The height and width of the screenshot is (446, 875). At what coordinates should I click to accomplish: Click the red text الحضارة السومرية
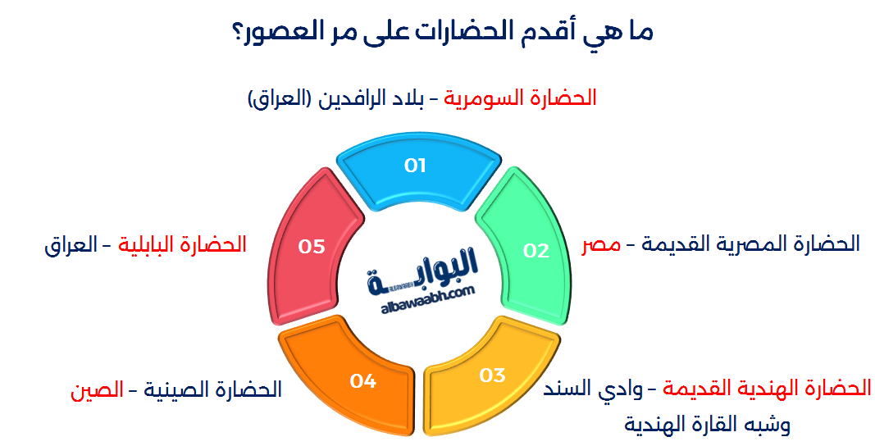pyautogui.click(x=520, y=98)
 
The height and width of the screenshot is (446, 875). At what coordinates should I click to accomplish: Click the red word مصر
pyautogui.click(x=599, y=244)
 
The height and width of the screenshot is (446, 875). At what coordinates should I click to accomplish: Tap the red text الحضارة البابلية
pyautogui.click(x=183, y=244)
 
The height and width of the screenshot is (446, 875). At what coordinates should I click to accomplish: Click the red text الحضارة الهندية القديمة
pyautogui.click(x=766, y=388)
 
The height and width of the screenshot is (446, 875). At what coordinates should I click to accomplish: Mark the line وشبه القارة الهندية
pyautogui.click(x=707, y=424)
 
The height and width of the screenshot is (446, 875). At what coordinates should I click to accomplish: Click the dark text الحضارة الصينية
pyautogui.click(x=212, y=389)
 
